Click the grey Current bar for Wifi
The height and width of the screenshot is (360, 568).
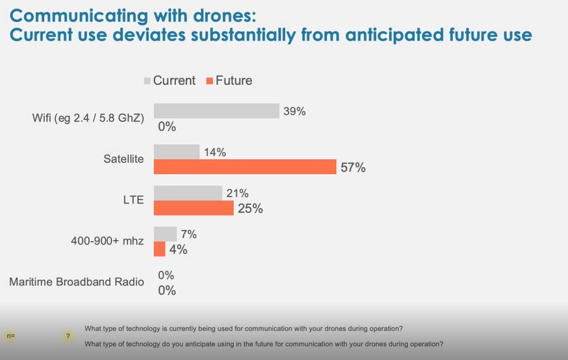pos(216,111)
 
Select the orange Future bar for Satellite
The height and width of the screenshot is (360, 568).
pos(244,168)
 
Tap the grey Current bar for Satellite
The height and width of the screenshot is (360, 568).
pos(176,152)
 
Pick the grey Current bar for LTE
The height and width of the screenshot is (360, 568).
pos(188,193)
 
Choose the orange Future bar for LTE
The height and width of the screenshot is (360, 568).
pos(193,209)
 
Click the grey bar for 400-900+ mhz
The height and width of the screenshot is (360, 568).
pos(165,234)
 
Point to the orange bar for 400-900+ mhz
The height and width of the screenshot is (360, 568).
pos(159,249)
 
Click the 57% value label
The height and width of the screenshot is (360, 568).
pos(353,168)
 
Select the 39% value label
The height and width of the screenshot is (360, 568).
pos(294,111)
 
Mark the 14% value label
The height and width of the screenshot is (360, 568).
pos(214,153)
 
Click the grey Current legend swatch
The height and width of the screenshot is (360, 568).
pos(147,81)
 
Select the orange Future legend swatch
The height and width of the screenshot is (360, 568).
pos(209,81)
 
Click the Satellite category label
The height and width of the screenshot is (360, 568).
pos(123,159)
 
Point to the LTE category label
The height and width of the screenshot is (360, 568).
pos(134,201)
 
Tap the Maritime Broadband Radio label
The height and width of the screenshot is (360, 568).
pos(76,283)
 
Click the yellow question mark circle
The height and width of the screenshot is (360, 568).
pos(68,336)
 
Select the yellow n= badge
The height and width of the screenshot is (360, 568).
pos(11,336)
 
